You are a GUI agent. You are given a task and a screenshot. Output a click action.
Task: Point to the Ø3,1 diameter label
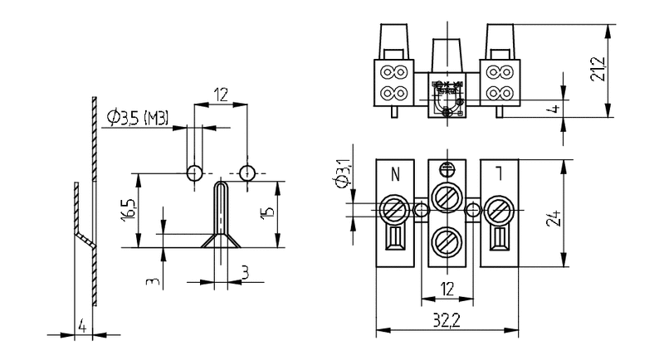point(339,178)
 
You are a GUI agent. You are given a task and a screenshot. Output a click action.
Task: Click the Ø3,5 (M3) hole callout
point(138,118)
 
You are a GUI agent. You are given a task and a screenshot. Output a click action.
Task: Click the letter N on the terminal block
point(395,174)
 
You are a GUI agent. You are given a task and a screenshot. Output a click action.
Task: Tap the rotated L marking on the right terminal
point(498,174)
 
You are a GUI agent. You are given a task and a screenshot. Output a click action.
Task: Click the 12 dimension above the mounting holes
point(220,95)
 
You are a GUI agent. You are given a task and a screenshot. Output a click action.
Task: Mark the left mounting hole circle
point(193,173)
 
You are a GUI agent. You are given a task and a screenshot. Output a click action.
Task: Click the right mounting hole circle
point(247,173)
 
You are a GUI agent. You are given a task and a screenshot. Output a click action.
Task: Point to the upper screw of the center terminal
point(447,197)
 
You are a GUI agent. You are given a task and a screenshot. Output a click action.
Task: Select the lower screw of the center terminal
point(447,241)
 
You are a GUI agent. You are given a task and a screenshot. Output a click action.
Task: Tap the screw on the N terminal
point(393,209)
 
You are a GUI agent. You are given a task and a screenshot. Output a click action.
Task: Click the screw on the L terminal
point(500,209)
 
